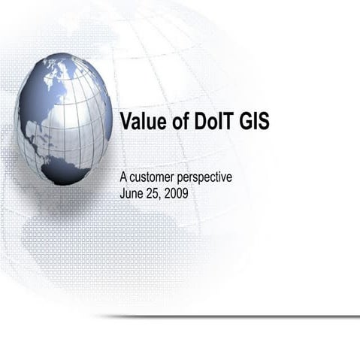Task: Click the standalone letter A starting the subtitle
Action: point(124,177)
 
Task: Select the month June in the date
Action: point(132,192)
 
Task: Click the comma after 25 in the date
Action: point(160,195)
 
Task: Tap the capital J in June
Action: point(123,192)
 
